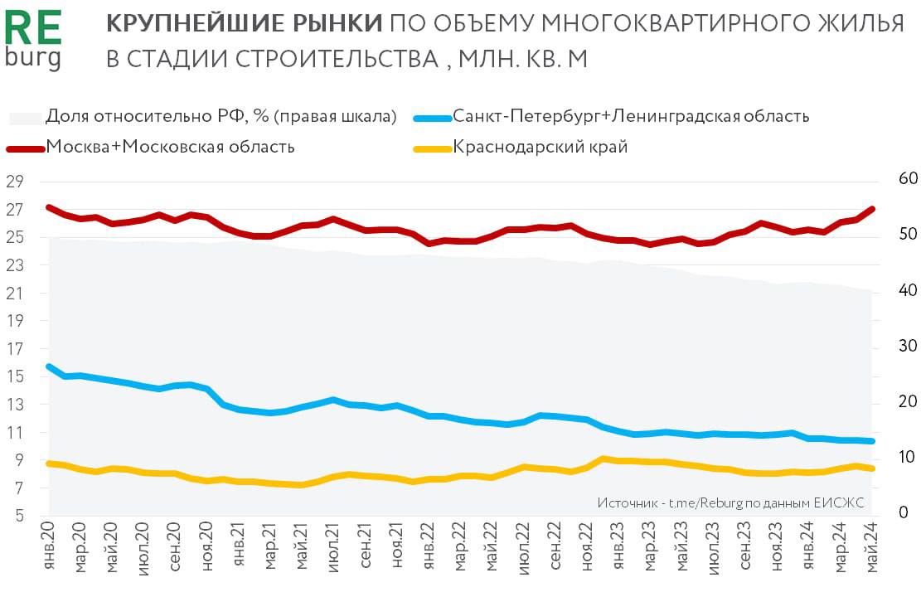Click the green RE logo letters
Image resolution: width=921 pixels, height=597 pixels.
(x=33, y=27)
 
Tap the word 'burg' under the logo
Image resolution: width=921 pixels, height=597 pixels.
(x=32, y=58)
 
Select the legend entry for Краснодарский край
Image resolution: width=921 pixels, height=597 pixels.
(x=540, y=148)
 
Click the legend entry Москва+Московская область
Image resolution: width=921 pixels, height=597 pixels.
(x=170, y=148)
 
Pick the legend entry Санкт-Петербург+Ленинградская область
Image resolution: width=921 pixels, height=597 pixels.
(x=631, y=116)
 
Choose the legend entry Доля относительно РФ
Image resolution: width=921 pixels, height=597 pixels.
(x=221, y=116)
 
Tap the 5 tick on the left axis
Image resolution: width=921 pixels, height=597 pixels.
(x=17, y=517)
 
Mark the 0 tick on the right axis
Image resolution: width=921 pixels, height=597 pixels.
(x=903, y=513)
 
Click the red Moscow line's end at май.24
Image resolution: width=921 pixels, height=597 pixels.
(x=872, y=209)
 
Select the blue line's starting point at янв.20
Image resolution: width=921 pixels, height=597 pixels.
(x=49, y=366)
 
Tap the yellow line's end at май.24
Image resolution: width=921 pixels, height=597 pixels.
(x=872, y=468)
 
